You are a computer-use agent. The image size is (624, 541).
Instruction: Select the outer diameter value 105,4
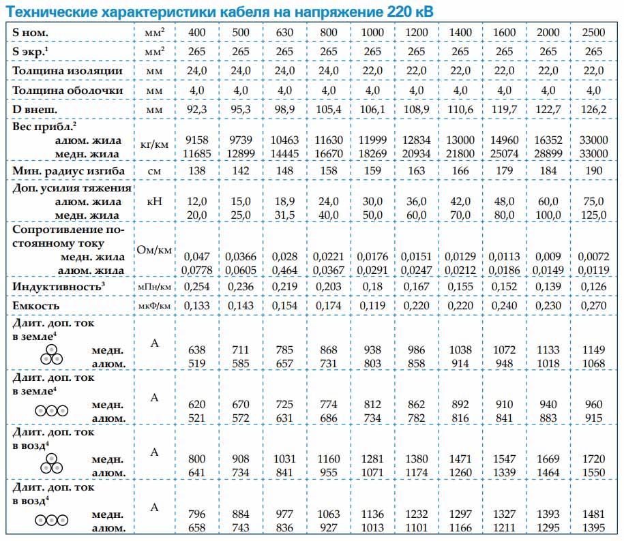329,110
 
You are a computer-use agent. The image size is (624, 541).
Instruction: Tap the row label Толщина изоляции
68,71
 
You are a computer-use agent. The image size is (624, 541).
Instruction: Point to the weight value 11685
196,154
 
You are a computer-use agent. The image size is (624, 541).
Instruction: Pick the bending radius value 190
594,170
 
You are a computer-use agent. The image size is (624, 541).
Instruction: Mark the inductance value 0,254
196,287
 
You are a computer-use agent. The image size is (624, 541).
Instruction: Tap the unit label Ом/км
154,250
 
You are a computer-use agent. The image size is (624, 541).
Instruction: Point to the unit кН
154,201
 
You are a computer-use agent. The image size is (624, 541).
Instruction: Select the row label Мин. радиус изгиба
67,170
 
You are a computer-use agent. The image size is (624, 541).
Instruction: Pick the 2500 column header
594,33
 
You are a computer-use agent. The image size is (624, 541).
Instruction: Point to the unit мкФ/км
154,306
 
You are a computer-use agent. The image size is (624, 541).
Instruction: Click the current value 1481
594,514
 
